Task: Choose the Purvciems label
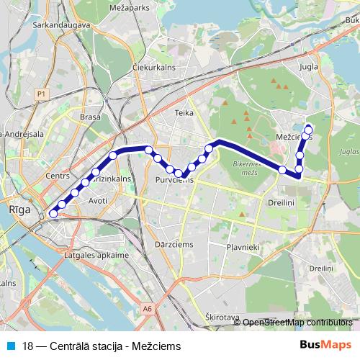(171, 181)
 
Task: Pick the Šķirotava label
(222, 317)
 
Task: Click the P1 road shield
(42, 94)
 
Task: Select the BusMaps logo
(325, 345)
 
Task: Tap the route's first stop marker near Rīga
(53, 213)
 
